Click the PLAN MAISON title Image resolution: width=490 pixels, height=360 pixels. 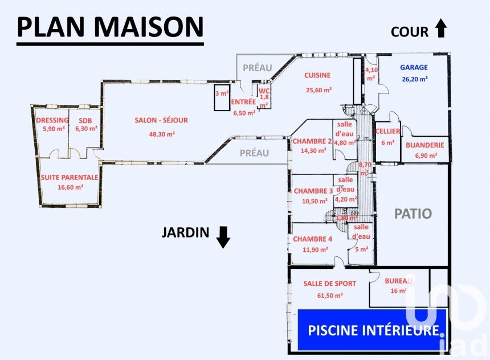(x=110, y=27)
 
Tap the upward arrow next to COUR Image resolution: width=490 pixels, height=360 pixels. (x=440, y=28)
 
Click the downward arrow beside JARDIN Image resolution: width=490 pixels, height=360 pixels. (x=223, y=236)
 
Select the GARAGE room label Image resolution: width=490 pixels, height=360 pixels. (x=414, y=67)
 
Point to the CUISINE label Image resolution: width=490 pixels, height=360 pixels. (x=318, y=75)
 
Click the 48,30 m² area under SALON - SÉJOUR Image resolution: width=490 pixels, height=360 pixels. (x=162, y=134)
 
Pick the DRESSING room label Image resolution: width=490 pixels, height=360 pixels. (x=52, y=120)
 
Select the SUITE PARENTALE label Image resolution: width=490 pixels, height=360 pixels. (x=70, y=177)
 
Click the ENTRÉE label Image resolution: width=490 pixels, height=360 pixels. (x=243, y=103)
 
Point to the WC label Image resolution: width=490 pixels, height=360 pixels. (x=264, y=91)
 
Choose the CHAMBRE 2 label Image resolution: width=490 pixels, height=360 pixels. (x=313, y=141)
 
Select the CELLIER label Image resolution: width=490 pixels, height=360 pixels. (x=387, y=132)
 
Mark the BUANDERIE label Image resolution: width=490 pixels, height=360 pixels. (x=425, y=145)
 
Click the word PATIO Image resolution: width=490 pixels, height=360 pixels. (x=413, y=214)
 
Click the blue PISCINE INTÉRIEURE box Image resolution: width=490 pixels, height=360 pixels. (x=373, y=330)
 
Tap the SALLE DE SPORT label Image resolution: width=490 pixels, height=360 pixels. (x=330, y=284)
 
